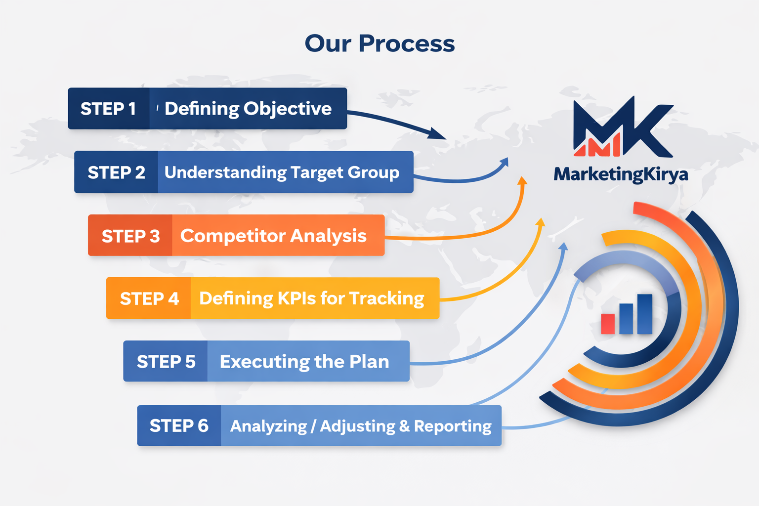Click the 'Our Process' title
coord(379,43)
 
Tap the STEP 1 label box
coord(108,109)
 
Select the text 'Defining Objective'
coord(248,109)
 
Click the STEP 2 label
coord(116,172)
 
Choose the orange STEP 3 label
coord(130,236)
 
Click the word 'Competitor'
coord(232,236)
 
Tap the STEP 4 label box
coord(149,298)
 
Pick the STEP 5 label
coord(166,361)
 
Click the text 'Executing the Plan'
coord(304,361)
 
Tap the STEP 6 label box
coord(179,425)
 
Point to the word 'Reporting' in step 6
coord(452,426)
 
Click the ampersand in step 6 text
coord(404,426)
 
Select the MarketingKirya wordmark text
coord(621,174)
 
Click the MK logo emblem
coord(622,127)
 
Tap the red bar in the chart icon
coord(608,324)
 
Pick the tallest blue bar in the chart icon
coord(644,314)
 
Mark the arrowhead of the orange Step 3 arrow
coord(522,181)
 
